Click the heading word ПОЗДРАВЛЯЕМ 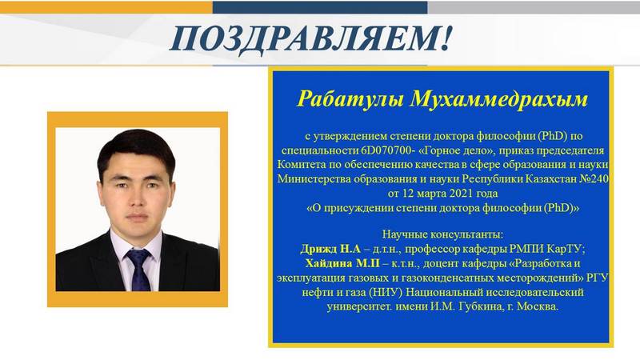click(x=304, y=38)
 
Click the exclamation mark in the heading click(x=446, y=38)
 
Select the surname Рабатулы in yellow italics click(x=350, y=99)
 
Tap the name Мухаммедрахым click(x=498, y=99)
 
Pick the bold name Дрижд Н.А click(x=330, y=249)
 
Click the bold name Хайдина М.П click(x=342, y=263)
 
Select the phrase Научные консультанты click(x=442, y=234)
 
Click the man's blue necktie click(x=138, y=270)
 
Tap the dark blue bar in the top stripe click(x=320, y=7)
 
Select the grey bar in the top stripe click(x=534, y=7)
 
